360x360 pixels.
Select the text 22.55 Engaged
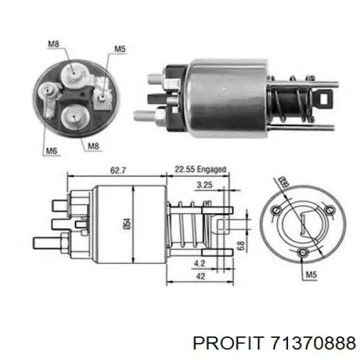tap(200, 170)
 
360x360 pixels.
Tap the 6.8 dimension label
tap(240, 245)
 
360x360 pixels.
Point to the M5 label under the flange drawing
tap(310, 275)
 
